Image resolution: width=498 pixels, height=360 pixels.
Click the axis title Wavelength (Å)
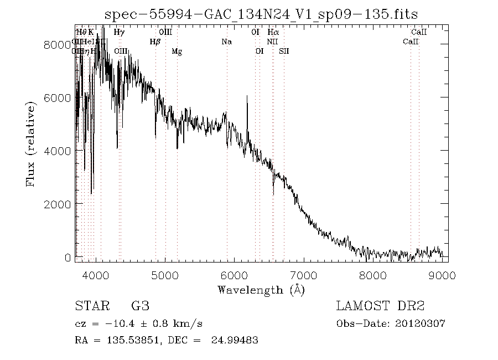click(261, 289)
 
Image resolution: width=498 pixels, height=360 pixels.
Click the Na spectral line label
click(226, 42)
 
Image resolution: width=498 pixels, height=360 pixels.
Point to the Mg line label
click(177, 52)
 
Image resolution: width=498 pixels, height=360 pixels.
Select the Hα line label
click(273, 32)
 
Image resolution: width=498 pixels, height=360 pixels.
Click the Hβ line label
click(155, 42)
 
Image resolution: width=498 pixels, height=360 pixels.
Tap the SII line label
click(284, 52)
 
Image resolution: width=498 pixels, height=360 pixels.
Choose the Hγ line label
click(119, 32)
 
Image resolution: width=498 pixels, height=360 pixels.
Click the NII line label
click(272, 42)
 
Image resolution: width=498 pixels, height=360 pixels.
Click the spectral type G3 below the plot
click(140, 306)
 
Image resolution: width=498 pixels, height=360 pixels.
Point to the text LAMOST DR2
click(380, 306)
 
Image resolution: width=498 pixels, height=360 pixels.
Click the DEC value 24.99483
click(235, 340)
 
